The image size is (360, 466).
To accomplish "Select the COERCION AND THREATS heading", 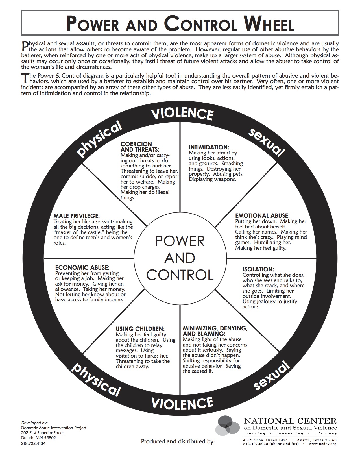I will click(x=140, y=147).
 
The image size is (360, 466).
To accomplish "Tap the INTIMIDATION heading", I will click(x=208, y=147).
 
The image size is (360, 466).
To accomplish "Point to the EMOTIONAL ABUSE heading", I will click(x=262, y=215).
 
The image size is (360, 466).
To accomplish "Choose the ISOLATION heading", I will click(x=258, y=269).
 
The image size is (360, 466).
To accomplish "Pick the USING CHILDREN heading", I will click(x=140, y=329).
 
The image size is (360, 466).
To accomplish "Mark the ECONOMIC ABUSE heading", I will click(x=82, y=267).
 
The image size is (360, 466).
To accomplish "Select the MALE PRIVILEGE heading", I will click(x=77, y=216).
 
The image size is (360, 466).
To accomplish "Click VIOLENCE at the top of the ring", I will click(x=182, y=114).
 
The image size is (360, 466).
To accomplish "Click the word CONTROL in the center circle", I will click(x=180, y=275).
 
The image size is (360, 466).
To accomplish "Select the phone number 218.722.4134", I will click(x=33, y=443).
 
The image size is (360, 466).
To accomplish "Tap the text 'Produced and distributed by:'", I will click(x=178, y=441).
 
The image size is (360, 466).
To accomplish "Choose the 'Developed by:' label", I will click(x=34, y=423).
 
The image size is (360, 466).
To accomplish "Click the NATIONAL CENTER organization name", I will click(x=290, y=421).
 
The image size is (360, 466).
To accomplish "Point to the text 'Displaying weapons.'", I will click(x=212, y=179).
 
